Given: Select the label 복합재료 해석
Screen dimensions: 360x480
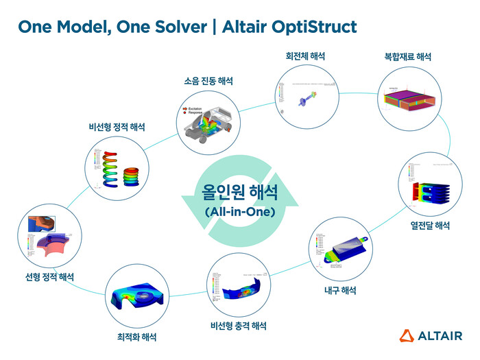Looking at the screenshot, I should (407, 58).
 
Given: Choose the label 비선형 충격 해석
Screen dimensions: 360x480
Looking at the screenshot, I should (239, 325).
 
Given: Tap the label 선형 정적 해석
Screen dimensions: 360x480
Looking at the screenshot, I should (45, 277).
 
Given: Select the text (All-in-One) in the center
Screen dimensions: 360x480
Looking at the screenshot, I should (240, 212).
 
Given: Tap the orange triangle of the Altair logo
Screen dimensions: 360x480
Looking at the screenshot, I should (406, 335).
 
